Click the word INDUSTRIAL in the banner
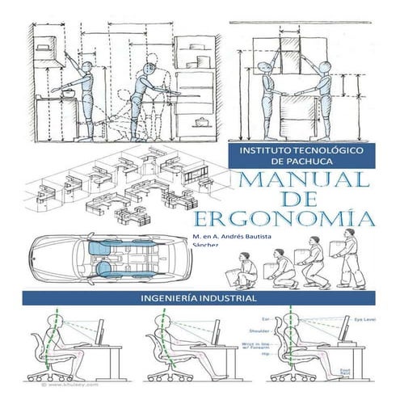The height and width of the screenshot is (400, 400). tap(228, 297)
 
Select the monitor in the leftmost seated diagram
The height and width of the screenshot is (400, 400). tap(101, 331)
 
